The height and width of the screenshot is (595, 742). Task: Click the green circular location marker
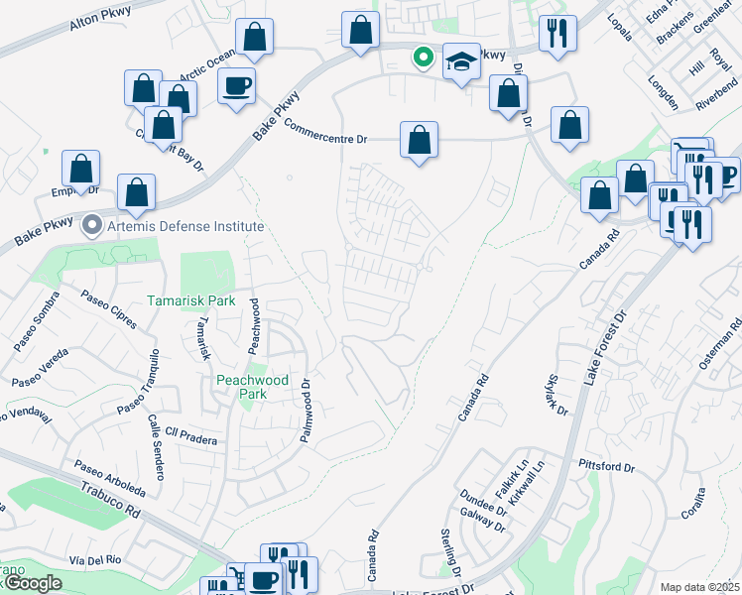[x=424, y=59]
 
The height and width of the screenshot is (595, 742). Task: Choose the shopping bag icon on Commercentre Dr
[x=420, y=140]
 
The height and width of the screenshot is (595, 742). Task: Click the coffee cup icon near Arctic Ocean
[x=237, y=86]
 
